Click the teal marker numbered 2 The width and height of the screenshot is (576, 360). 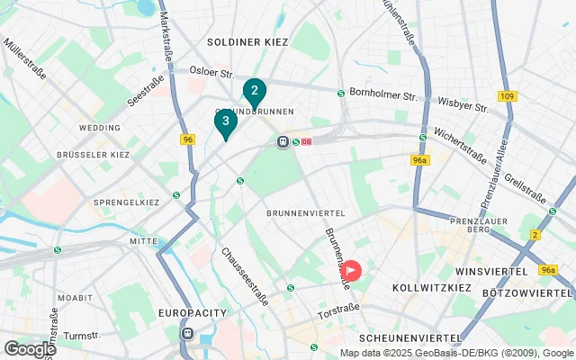255,91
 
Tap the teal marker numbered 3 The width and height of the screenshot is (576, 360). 225,121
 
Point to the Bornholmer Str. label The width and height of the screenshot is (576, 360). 385,94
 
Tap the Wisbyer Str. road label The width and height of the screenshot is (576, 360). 462,103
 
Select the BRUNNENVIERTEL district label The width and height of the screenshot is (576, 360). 300,212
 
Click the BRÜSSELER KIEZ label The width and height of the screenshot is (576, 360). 94,155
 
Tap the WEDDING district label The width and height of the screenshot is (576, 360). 99,128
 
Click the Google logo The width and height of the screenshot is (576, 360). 29,348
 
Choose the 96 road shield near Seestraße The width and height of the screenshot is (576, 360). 187,139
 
